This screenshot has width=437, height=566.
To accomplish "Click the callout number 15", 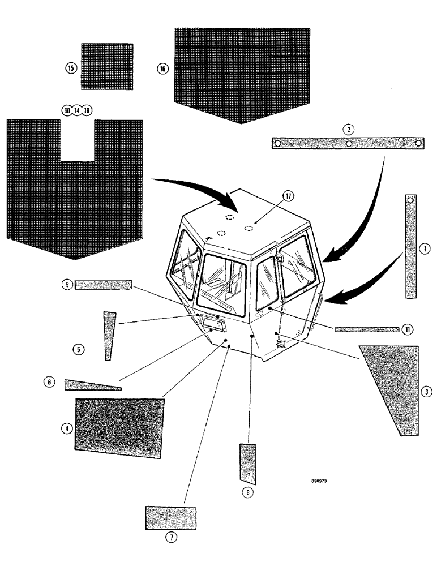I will [71, 68].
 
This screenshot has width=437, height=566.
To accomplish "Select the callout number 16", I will [163, 68].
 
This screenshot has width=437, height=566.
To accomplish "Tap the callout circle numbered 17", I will [288, 196].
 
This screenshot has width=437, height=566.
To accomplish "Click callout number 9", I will [67, 285].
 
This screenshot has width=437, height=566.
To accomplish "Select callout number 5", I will [79, 349].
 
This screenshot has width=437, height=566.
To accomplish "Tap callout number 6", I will [49, 383].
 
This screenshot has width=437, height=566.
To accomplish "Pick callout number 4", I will [67, 428].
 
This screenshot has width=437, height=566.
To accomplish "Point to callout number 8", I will [246, 492].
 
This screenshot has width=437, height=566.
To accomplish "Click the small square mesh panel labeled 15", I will [107, 66].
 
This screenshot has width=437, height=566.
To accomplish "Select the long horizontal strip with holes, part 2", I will [348, 144].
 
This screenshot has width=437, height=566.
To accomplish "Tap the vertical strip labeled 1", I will [411, 246].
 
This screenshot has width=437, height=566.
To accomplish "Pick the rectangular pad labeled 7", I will [171, 518].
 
